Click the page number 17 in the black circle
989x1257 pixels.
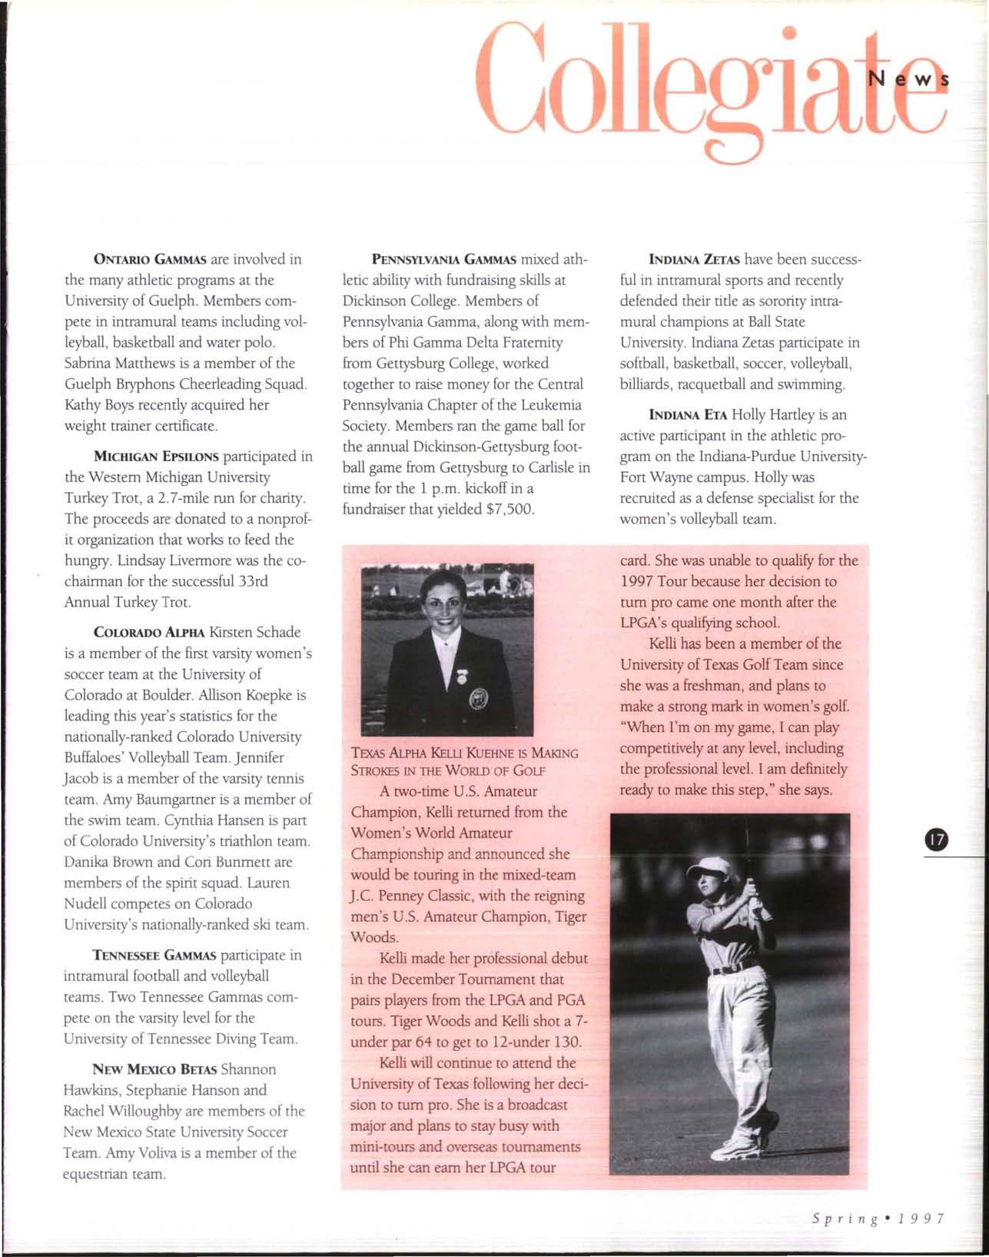click(x=937, y=840)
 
